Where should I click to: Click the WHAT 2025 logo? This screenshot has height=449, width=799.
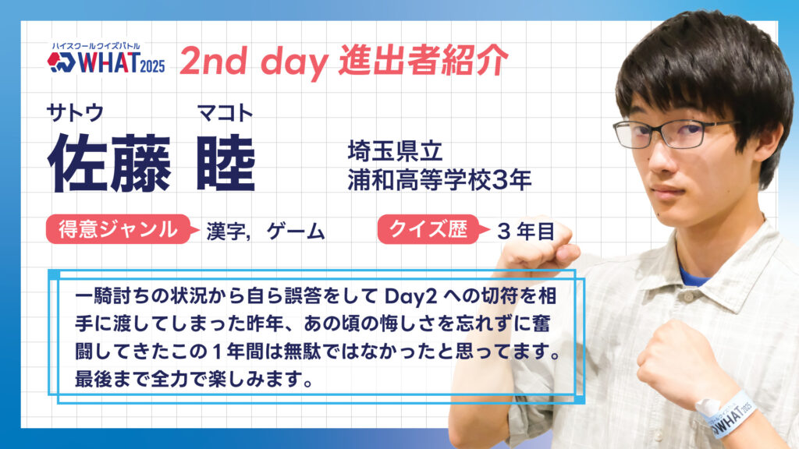tap(106, 58)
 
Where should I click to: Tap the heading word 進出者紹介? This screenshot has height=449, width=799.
tap(424, 60)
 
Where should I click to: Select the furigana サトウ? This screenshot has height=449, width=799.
tap(75, 112)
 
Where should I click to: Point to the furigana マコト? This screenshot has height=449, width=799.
tap(225, 112)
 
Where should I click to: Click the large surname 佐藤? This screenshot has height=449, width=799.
tap(109, 163)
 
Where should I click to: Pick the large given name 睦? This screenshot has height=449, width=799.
tap(225, 163)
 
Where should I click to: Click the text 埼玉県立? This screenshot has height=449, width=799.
tap(395, 151)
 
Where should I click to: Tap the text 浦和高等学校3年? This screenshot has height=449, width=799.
tap(440, 180)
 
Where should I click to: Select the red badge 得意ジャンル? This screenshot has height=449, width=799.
tap(119, 229)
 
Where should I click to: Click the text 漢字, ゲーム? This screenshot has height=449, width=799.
tap(265, 232)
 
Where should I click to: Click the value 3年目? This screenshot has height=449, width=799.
tap(525, 232)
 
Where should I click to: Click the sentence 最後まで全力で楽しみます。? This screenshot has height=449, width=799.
tap(194, 380)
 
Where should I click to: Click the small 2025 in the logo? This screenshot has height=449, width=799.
tap(152, 65)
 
